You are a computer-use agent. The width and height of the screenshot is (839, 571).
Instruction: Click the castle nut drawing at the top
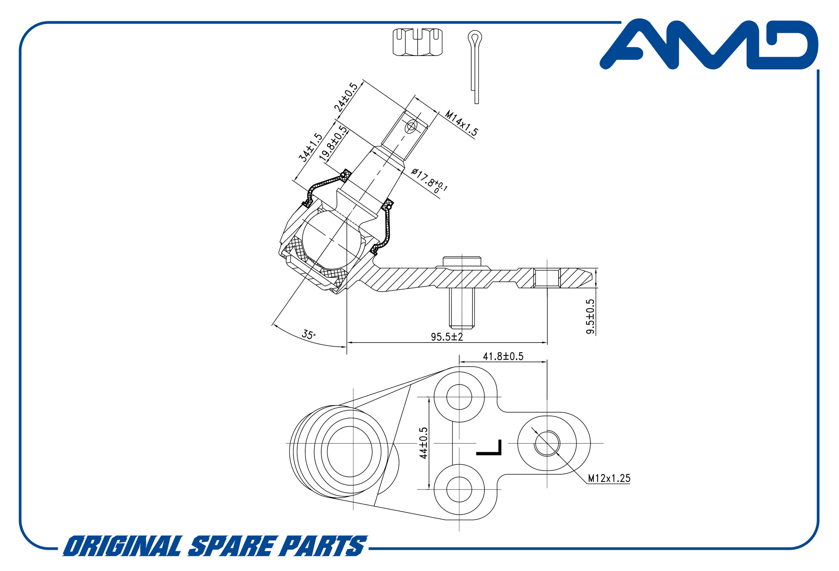point(418,42)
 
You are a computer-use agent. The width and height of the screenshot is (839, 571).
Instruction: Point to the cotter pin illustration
point(474,67)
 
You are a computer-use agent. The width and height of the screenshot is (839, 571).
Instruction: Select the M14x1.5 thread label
point(461,123)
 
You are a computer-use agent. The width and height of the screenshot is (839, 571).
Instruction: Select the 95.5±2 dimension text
point(447,337)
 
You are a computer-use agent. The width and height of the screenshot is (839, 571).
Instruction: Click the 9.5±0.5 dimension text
point(590,316)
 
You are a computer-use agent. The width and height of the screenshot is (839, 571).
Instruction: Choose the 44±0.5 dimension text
point(423,443)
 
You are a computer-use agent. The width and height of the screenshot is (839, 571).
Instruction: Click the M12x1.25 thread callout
point(609,478)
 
